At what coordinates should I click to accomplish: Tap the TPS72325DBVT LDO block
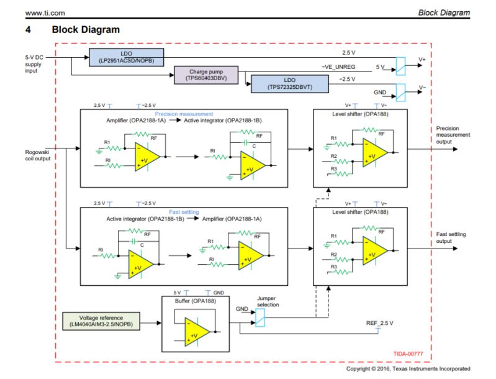point(290,84)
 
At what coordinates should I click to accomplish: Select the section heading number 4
point(28,29)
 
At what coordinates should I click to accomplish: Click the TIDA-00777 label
point(408,354)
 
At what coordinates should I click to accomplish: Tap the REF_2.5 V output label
point(380,324)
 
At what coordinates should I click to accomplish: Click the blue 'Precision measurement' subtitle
point(184,114)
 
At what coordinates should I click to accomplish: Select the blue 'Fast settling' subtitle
point(184,212)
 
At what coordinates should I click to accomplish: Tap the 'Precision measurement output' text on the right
point(453,134)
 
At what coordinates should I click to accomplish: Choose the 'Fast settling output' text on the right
point(451,237)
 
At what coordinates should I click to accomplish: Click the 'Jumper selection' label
point(268,301)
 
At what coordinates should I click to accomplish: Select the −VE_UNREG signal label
point(339,66)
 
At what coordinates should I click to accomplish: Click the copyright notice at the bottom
point(408,369)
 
